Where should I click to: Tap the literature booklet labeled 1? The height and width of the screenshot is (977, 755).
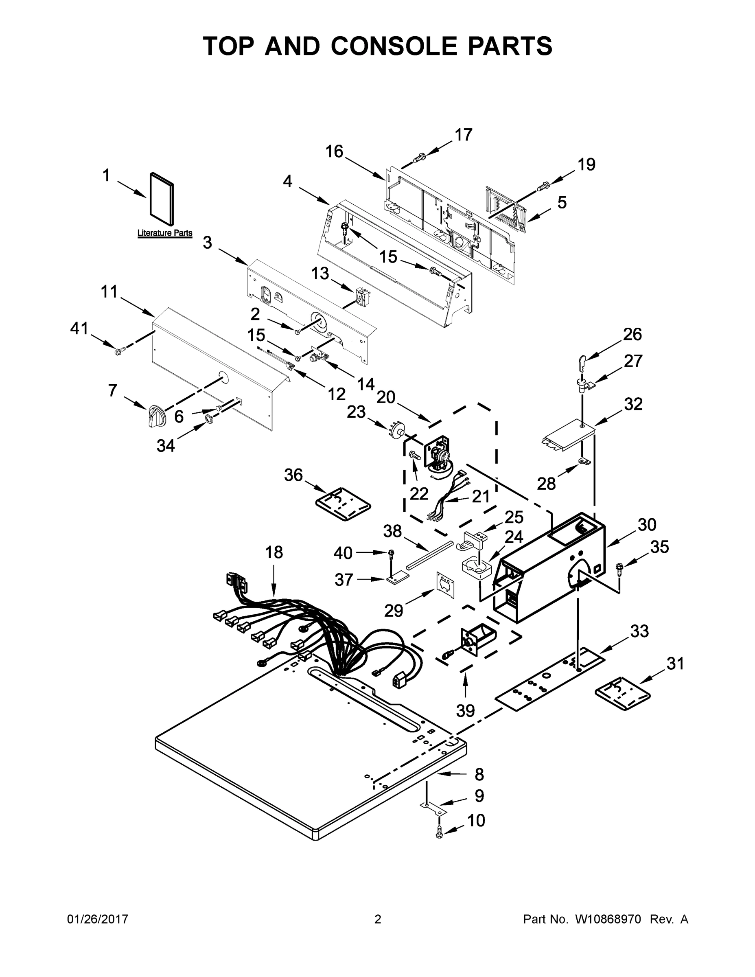[162, 199]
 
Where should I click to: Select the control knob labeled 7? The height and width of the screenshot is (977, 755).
[157, 416]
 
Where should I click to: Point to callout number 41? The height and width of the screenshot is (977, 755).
[79, 329]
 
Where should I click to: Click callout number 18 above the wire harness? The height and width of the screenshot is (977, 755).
[274, 552]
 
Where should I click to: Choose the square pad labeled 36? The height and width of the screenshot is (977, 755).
[344, 504]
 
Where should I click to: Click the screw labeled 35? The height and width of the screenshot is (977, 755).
[620, 569]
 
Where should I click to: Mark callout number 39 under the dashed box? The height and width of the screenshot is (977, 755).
[465, 710]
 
